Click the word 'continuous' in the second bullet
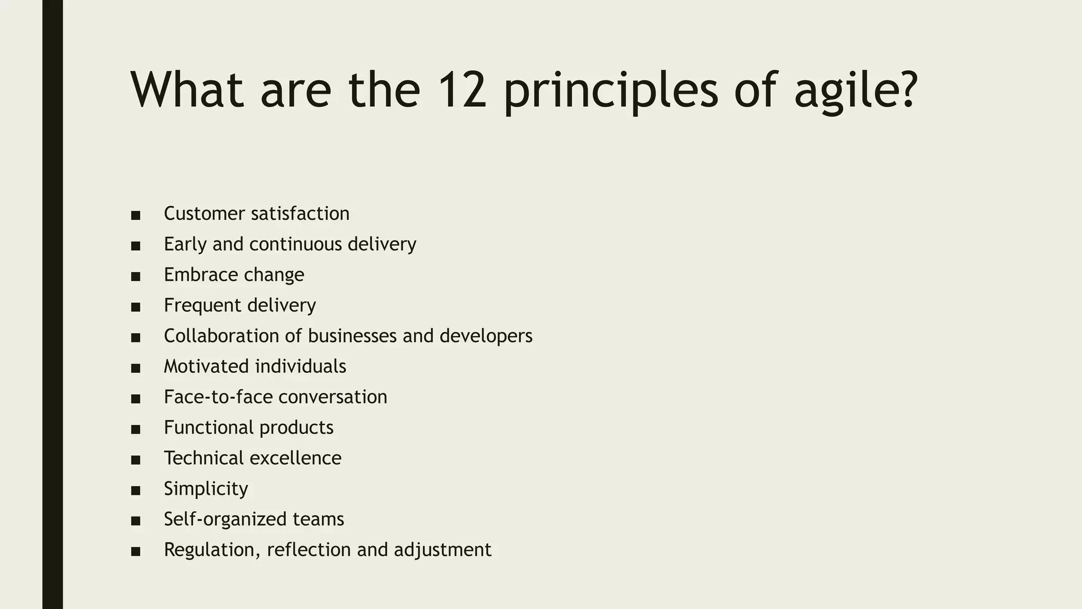tap(295, 244)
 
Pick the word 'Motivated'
tap(206, 366)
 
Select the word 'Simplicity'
tap(206, 489)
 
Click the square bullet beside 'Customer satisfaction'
tap(136, 215)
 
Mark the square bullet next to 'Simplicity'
tap(136, 491)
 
